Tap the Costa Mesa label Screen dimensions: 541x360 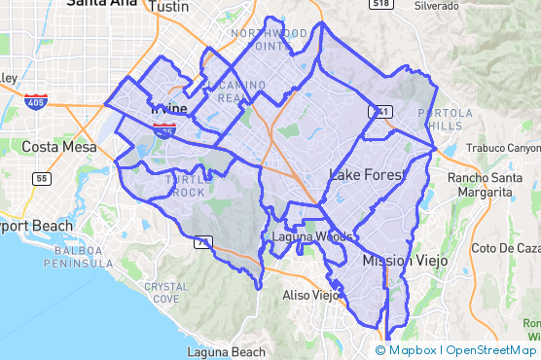point(59,147)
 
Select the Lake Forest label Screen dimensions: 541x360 point(365,175)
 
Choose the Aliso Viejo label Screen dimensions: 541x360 point(309,294)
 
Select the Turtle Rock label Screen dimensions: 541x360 point(185,186)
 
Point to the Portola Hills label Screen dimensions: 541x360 point(445,119)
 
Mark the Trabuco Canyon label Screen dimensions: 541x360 point(502,148)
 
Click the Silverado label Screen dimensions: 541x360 point(443,6)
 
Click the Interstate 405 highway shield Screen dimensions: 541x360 point(36,100)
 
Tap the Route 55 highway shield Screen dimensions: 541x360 point(41,179)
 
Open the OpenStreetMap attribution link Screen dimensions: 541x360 point(490,350)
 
